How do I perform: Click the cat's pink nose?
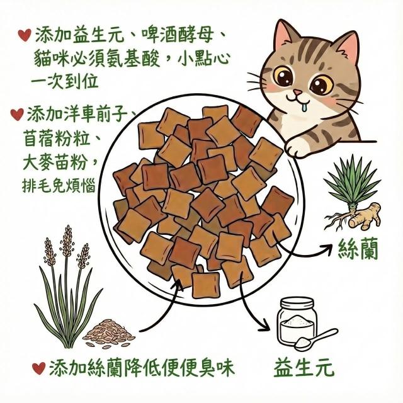[x=297, y=92]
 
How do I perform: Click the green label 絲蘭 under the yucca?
[x=358, y=248]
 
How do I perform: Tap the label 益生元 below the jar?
[x=304, y=368]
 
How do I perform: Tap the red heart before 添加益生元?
[x=25, y=35]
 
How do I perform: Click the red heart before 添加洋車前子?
[x=17, y=114]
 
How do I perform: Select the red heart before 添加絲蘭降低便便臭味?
[x=39, y=368]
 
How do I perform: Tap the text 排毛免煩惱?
[x=59, y=185]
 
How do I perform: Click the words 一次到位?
[x=65, y=81]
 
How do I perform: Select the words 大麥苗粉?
[x=55, y=162]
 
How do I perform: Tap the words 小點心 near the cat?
[x=203, y=59]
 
